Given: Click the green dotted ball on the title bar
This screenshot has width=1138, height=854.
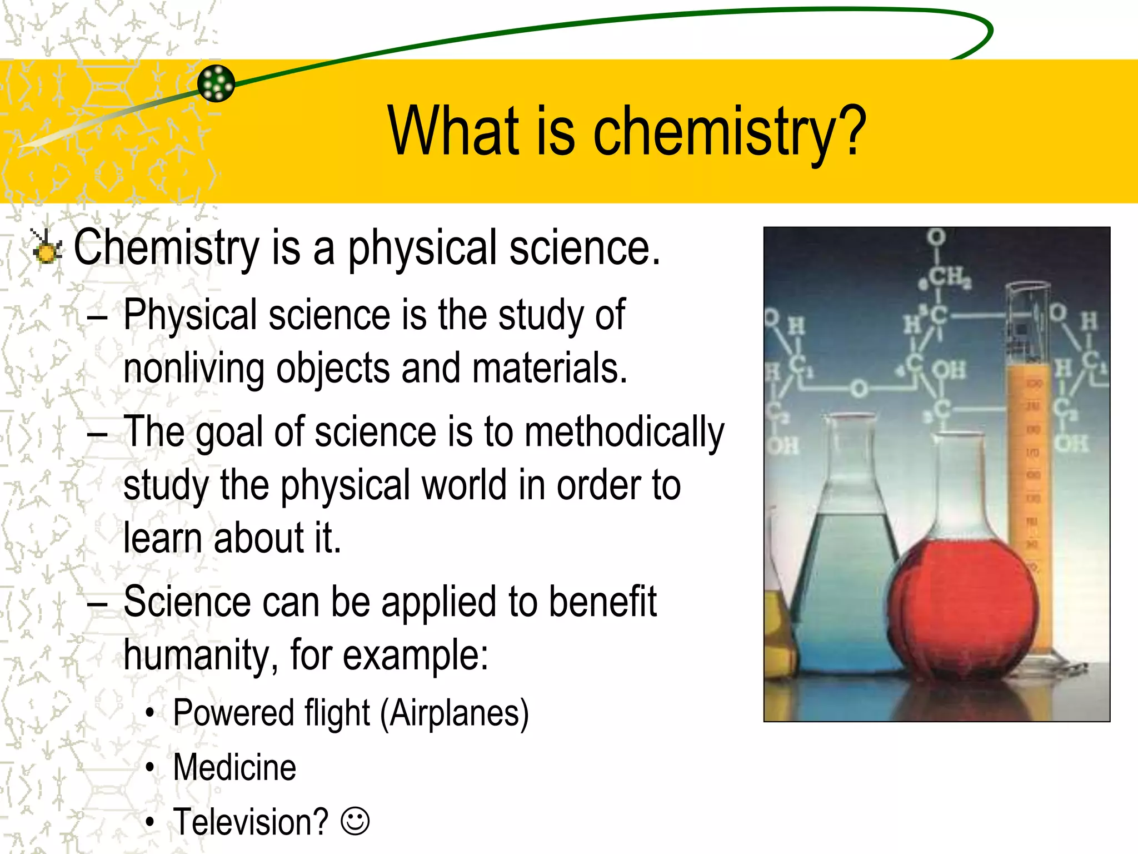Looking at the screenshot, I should point(216,83).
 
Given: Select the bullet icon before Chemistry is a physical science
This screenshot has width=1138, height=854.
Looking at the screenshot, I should point(46,247).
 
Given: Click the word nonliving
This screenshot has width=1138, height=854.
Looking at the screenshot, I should point(193,369).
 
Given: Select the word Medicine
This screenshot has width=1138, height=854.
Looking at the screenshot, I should point(234,768).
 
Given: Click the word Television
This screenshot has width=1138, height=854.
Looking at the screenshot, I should point(251,822).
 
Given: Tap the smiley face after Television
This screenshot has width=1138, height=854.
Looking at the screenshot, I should point(355,821).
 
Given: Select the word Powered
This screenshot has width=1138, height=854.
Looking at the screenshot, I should point(232,713).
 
